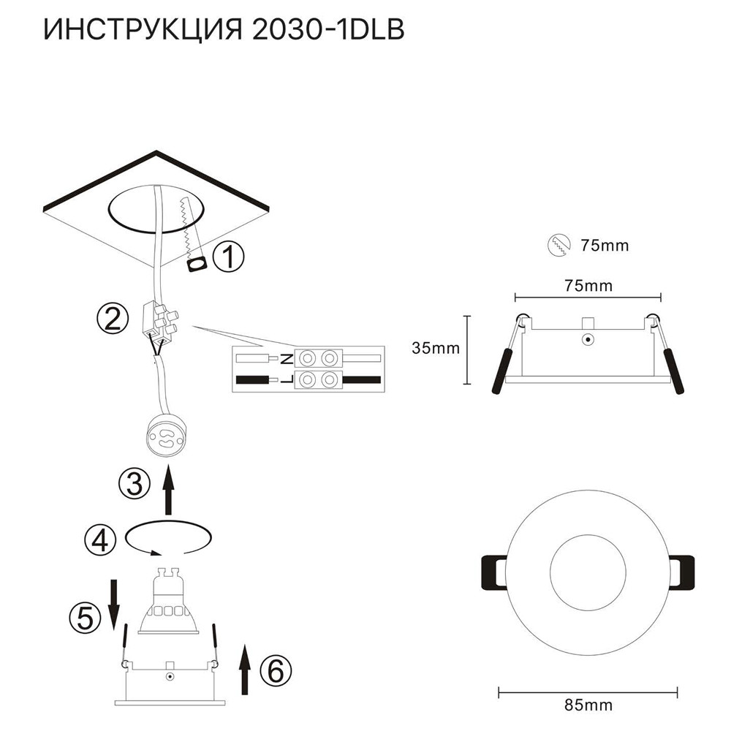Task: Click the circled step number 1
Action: (229, 257)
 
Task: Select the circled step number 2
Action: (110, 319)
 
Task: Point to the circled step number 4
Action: (100, 540)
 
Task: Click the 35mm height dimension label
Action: (436, 348)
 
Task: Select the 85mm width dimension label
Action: (588, 705)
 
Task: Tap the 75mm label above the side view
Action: (588, 285)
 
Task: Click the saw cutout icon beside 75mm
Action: (558, 245)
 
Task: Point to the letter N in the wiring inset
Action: (287, 359)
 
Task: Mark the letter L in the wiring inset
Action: (287, 380)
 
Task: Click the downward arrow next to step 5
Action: (113, 603)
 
